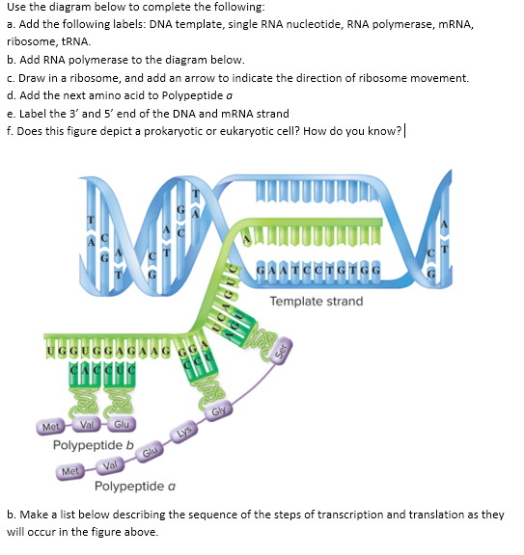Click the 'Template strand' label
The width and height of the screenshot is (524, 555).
[x=317, y=302]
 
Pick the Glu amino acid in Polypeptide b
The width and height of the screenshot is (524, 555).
[x=122, y=426]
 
